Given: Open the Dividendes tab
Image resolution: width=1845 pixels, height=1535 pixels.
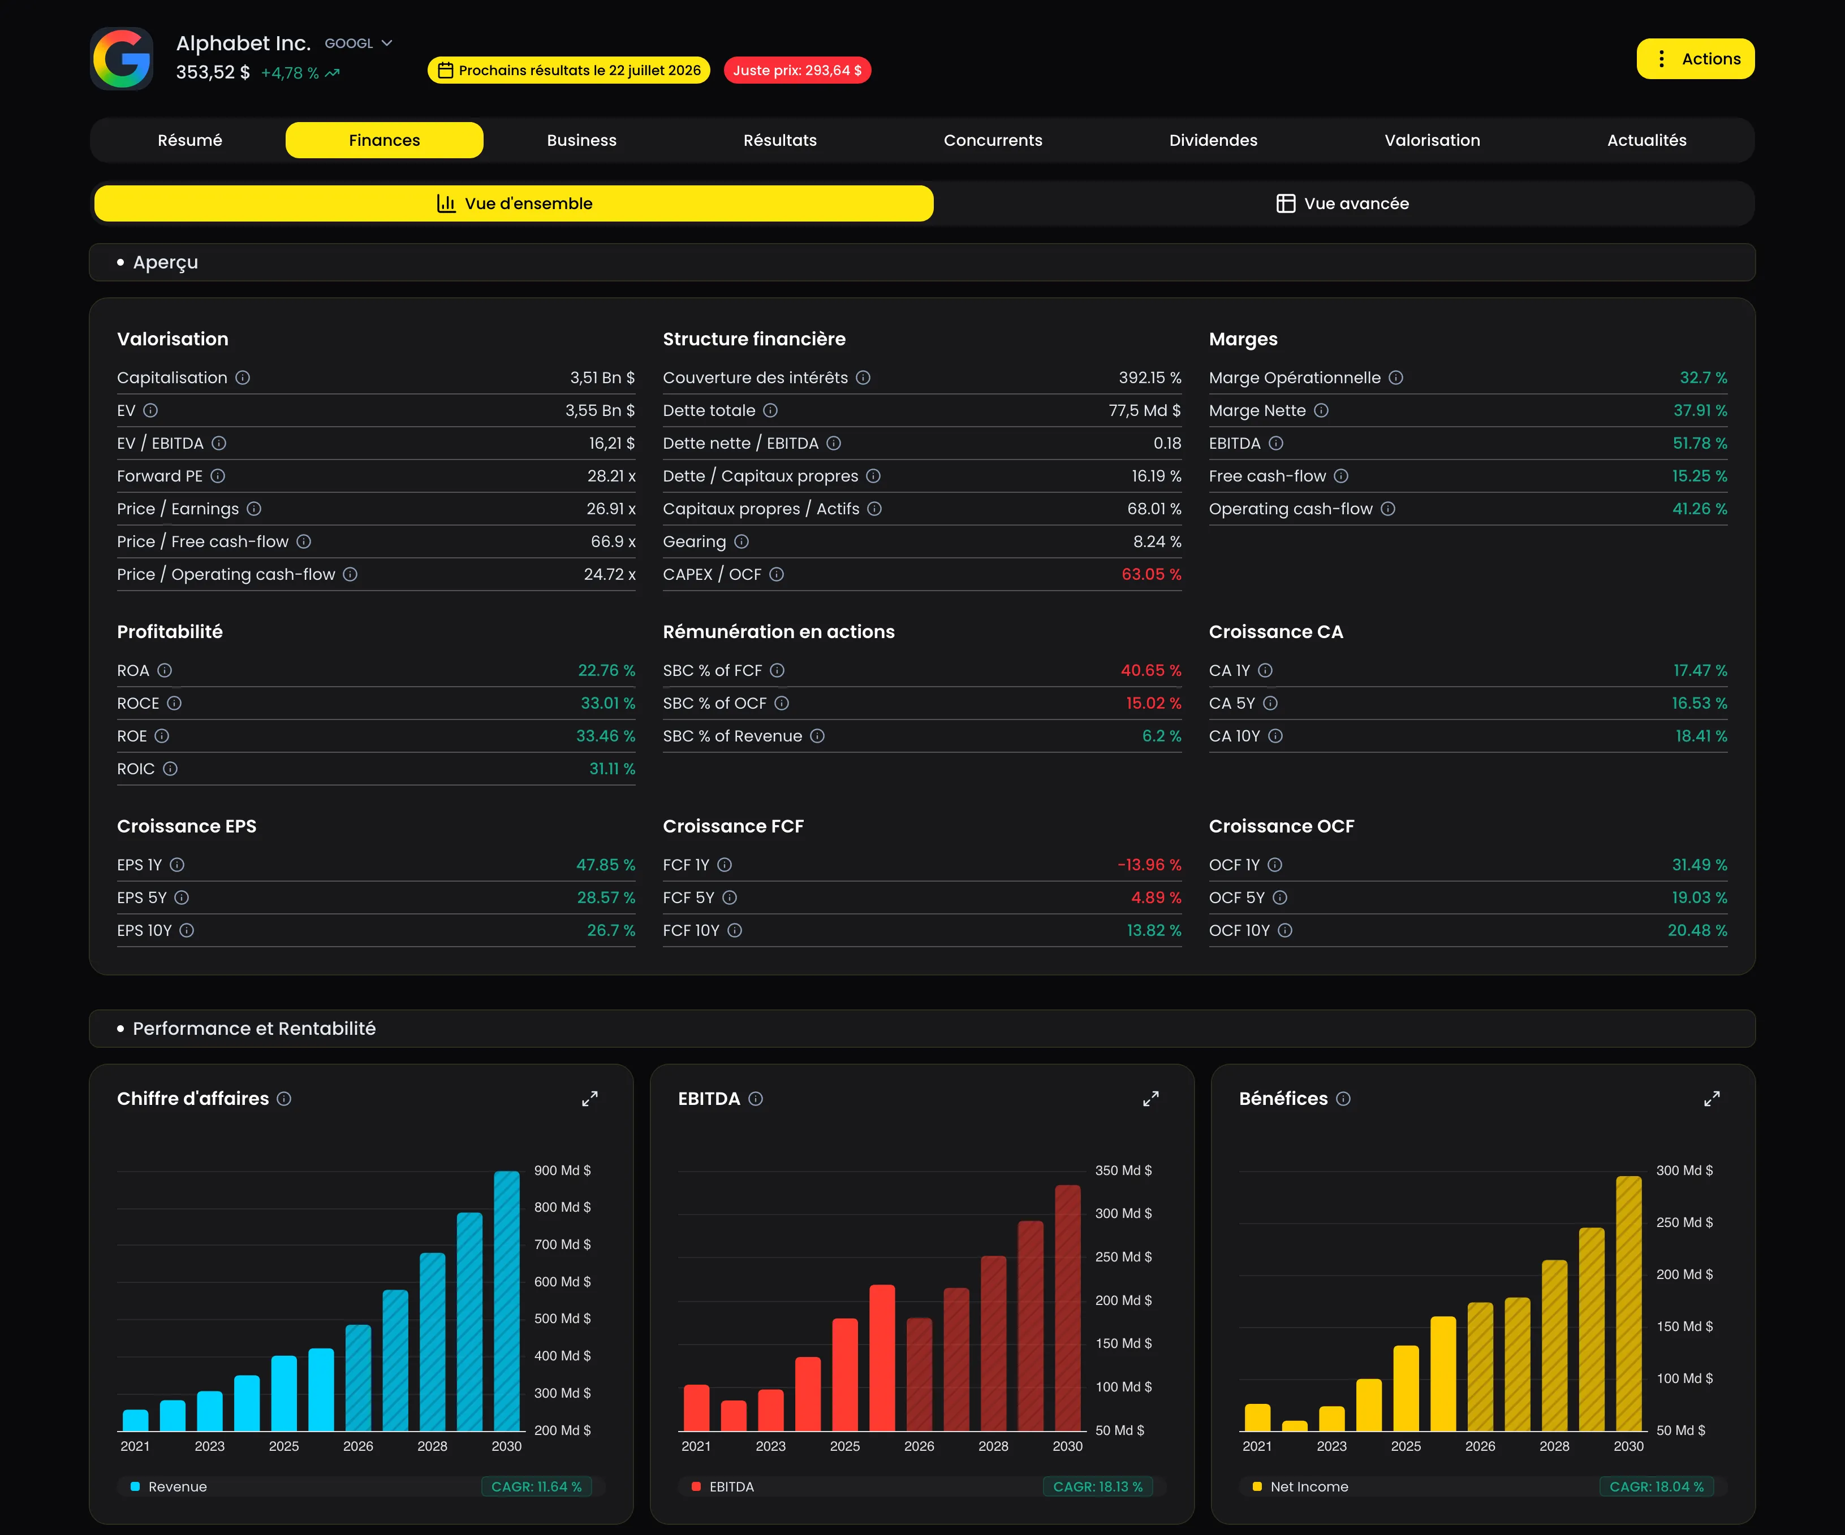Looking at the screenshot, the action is pos(1213,141).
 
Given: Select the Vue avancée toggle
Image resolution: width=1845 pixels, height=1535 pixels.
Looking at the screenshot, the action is pos(1342,203).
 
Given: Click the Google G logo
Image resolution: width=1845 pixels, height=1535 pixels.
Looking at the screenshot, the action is pos(122,59).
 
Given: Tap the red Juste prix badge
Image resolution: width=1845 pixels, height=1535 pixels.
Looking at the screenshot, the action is pos(797,70).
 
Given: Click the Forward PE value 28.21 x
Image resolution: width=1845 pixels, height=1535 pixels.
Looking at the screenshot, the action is pos(611,476).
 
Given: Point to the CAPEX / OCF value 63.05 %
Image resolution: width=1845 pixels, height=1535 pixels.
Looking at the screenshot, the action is pos(1151,574).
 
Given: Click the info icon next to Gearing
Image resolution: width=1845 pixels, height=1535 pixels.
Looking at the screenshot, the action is pos(742,542).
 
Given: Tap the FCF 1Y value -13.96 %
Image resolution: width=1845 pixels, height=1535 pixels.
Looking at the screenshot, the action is pos(1149,865).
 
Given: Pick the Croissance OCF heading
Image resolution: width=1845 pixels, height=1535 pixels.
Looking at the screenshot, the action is pos(1281,826).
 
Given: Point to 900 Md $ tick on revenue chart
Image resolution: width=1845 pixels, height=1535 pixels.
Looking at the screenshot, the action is pos(562,1170).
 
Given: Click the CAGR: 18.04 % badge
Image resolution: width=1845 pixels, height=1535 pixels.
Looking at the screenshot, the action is pos(1656,1487).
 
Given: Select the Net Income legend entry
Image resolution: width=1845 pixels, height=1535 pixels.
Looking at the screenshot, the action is pos(1300,1487).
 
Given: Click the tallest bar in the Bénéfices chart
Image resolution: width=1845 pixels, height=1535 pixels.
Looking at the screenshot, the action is pos(1629,1303).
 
